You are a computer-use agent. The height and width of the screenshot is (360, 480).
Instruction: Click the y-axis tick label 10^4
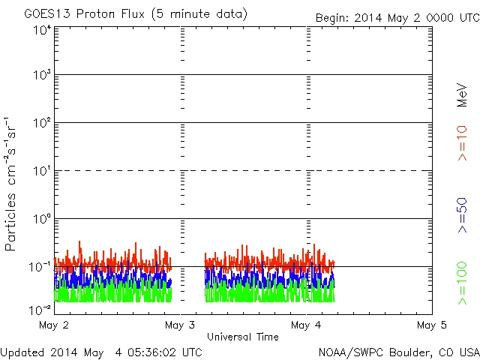[x=42, y=31]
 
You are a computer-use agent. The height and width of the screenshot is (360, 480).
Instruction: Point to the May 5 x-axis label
[x=432, y=325]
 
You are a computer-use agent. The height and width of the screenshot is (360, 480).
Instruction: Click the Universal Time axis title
[x=243, y=337]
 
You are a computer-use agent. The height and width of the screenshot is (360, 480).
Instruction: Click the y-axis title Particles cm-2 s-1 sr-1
[x=12, y=184]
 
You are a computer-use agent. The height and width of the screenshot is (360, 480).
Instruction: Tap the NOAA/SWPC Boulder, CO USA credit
[x=398, y=351]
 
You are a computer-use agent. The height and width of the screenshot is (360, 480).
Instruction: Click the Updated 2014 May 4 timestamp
[x=101, y=351]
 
